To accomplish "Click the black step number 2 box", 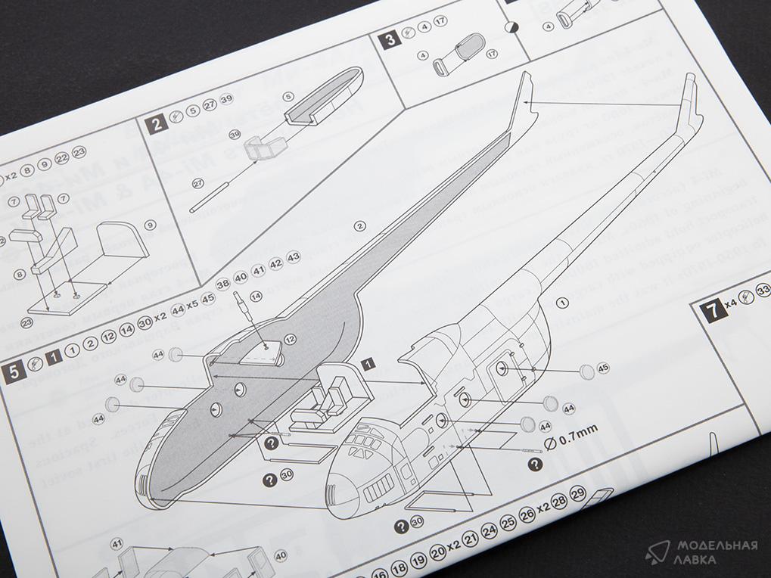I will coord(156,123).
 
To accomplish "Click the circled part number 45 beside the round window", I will coord(602,368).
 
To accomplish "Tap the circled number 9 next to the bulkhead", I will coord(150,225).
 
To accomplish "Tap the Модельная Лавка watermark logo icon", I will coord(658,553).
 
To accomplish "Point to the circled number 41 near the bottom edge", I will coord(117,543).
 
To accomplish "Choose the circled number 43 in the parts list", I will coord(294,257).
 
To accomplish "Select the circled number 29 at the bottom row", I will coord(578,494).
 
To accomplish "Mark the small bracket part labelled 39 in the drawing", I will coord(266,147).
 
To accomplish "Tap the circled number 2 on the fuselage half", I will coord(360,225).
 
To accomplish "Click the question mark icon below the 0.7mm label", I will coord(534,465).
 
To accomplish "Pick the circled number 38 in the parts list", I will coord(223,284).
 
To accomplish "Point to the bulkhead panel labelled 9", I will coord(120,244).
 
